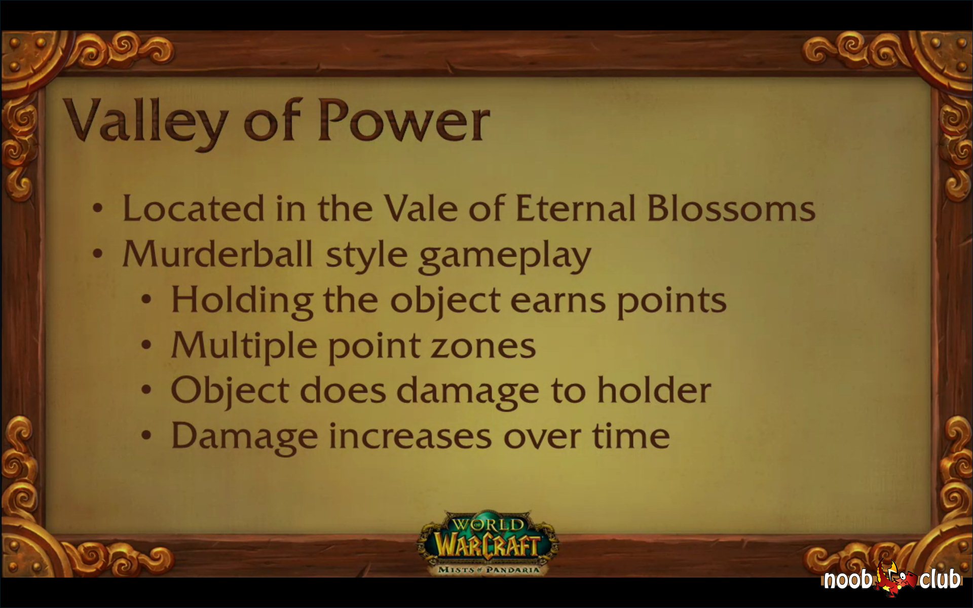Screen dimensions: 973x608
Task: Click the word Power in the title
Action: pos(404,122)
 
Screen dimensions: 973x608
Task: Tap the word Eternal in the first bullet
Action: pos(575,208)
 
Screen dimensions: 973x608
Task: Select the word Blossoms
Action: pos(731,208)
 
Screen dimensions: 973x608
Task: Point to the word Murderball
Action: pos(217,253)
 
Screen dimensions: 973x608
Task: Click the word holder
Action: pos(654,390)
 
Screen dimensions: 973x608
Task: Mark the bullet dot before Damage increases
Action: pos(146,436)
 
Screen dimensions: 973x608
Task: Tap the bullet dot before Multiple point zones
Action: pos(146,346)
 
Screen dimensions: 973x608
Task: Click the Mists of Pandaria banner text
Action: pos(488,569)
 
